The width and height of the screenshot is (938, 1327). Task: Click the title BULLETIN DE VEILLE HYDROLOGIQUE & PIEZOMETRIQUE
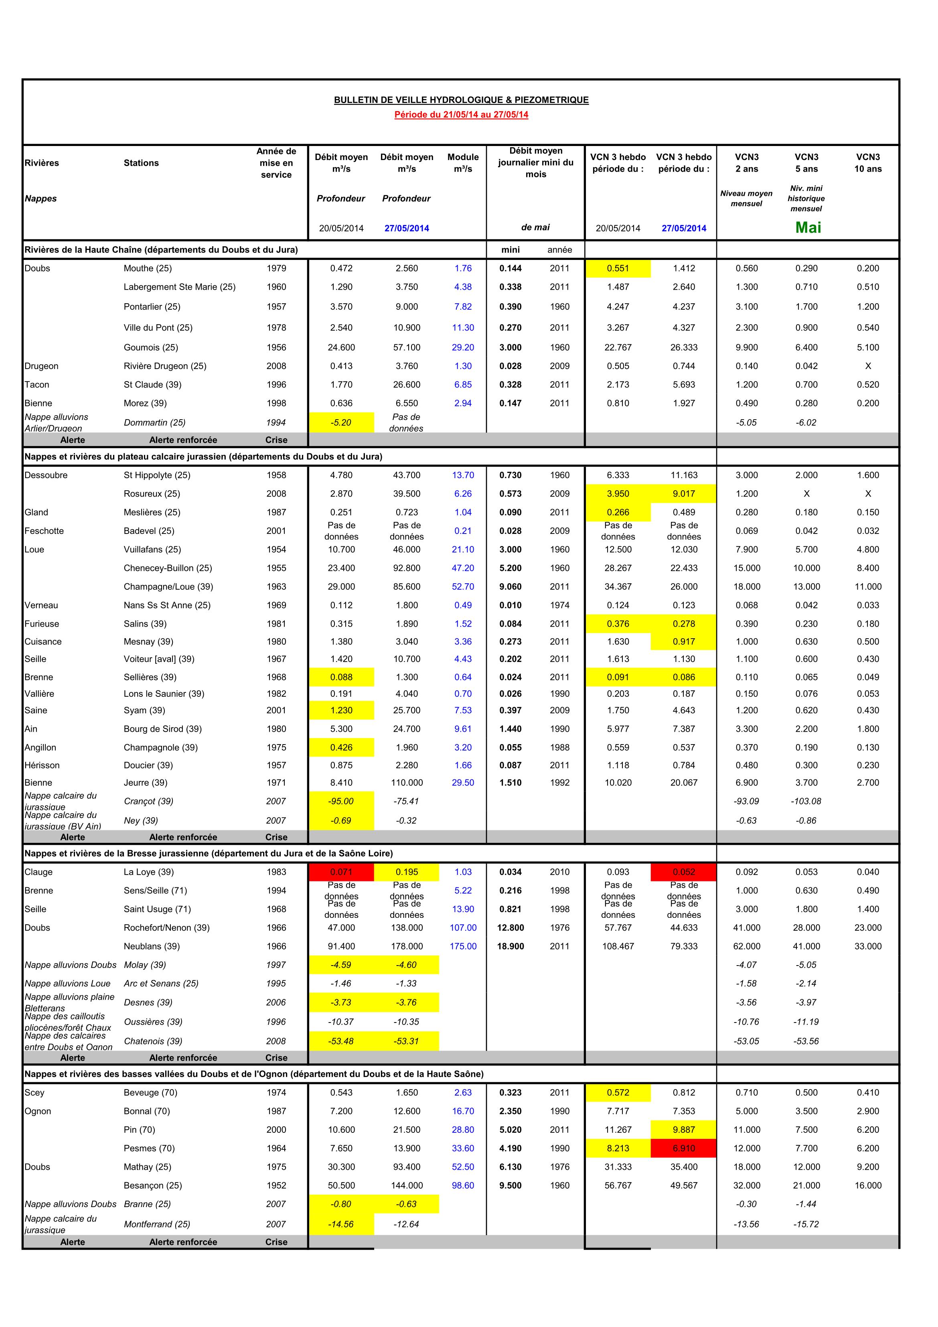click(461, 100)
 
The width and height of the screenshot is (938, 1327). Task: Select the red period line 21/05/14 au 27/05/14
click(461, 114)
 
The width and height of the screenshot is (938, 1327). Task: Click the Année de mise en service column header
click(276, 163)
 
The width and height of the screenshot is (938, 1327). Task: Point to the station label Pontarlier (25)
click(152, 307)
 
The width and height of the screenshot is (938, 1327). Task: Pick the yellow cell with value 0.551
click(618, 268)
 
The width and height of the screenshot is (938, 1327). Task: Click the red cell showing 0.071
click(341, 872)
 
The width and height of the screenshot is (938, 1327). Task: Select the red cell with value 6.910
click(684, 1148)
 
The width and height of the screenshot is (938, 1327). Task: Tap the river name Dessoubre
click(46, 475)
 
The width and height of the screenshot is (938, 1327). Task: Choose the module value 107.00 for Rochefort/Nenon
click(463, 927)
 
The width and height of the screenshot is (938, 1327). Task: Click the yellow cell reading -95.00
click(341, 801)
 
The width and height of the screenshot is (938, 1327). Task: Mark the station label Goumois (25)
click(151, 347)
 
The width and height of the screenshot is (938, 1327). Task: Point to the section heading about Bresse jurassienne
click(209, 853)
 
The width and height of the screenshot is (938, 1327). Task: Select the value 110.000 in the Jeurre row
click(407, 783)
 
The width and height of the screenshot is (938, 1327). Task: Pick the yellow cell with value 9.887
click(684, 1130)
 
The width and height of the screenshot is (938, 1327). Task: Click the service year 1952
click(276, 1185)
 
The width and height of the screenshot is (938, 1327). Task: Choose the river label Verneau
click(42, 605)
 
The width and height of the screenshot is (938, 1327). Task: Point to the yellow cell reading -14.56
click(341, 1224)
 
